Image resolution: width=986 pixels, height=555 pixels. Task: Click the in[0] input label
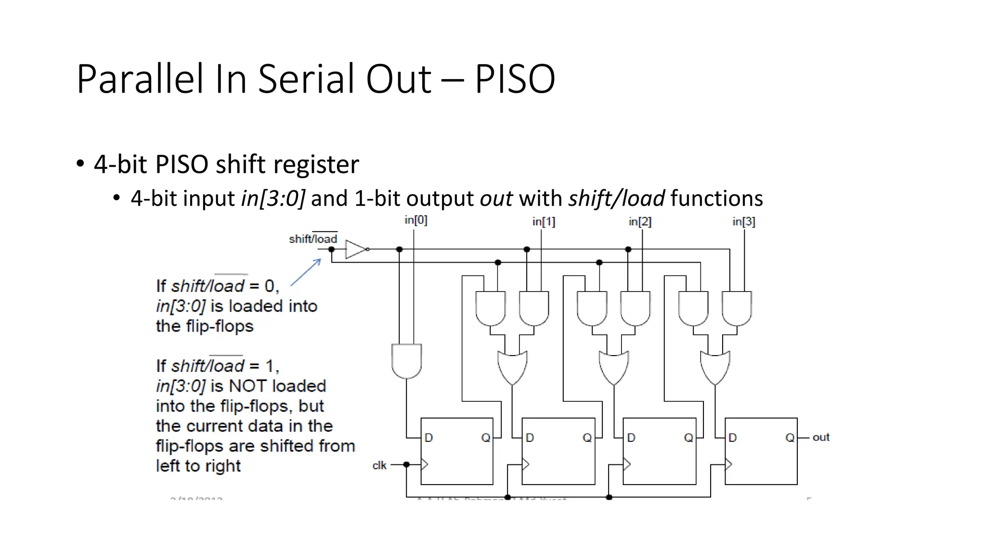(415, 220)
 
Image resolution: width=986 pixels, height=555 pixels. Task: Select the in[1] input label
(544, 222)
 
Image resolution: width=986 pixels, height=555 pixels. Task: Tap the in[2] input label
(640, 222)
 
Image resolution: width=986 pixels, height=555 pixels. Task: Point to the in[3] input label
(744, 222)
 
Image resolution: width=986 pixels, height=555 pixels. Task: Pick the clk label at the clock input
(379, 465)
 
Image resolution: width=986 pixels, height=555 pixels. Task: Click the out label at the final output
(821, 437)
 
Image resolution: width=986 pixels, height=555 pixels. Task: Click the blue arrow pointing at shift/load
(306, 272)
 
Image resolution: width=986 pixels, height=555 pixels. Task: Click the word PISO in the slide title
(515, 79)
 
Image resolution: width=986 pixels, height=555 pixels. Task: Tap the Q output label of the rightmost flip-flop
(790, 437)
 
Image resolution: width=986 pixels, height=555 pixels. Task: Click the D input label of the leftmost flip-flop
(428, 437)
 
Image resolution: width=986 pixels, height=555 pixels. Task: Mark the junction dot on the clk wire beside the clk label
(406, 464)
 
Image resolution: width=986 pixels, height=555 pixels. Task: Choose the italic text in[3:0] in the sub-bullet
(273, 198)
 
